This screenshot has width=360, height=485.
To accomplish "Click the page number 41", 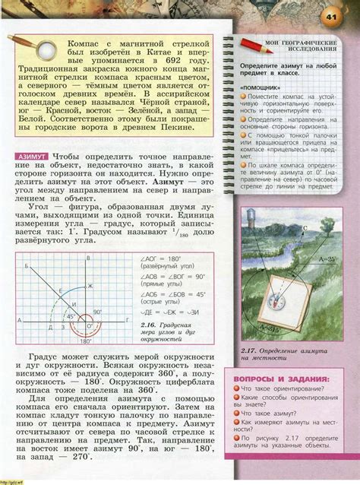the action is (x=332, y=17).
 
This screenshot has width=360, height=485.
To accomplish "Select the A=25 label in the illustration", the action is (x=326, y=260).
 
